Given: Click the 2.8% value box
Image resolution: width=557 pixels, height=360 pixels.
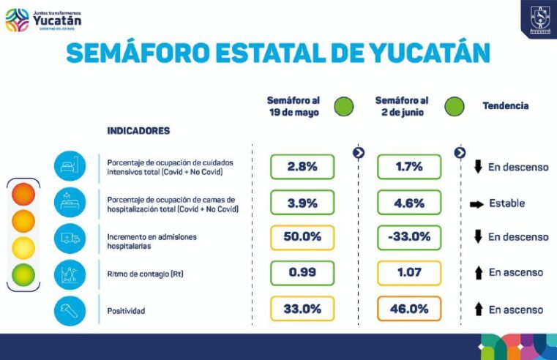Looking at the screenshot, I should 302,167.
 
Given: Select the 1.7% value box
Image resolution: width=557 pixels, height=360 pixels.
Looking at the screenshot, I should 409,167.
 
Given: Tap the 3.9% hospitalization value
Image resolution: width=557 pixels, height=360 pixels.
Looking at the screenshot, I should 302,203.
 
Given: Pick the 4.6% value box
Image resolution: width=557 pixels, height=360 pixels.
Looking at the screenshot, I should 409,203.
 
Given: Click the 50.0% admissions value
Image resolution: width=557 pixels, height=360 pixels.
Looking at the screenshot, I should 302,238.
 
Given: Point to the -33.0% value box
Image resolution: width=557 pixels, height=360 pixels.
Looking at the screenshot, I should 409,238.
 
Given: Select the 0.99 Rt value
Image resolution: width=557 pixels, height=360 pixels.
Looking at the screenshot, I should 302,273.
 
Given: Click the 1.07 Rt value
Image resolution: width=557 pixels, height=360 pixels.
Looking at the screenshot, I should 409,273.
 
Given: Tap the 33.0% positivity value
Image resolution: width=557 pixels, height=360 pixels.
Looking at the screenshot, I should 302,309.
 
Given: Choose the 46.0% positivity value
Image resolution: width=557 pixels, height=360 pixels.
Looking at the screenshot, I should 409,309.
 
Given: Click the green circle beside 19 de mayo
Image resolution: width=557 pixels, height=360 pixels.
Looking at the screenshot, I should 343,106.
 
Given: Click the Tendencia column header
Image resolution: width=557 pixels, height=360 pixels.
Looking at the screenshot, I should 505,106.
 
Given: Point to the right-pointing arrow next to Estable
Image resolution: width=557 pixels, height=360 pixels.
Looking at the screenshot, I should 477,203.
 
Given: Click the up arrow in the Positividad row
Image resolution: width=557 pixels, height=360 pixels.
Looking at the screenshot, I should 478,310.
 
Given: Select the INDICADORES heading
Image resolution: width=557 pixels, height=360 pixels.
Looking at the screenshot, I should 138,131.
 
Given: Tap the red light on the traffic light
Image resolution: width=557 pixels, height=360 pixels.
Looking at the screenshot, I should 23,195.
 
